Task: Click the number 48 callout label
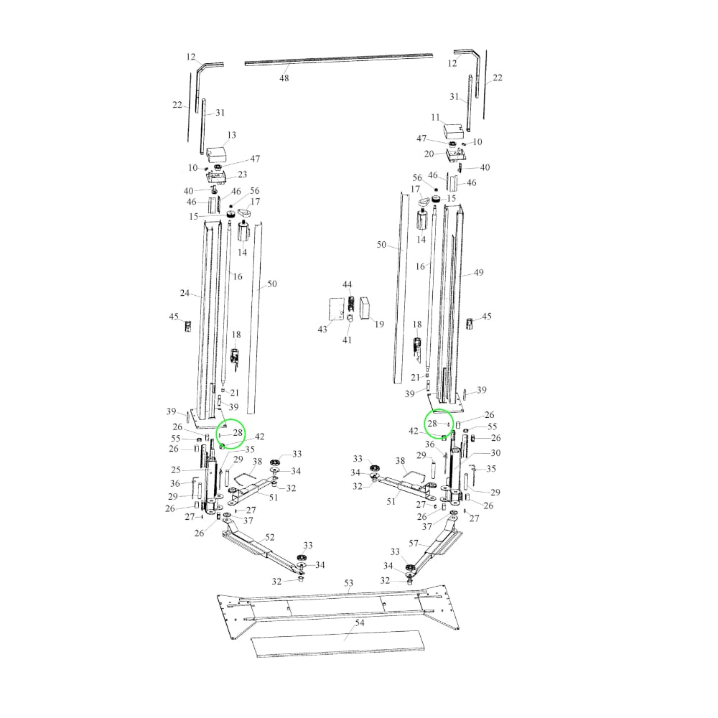284,78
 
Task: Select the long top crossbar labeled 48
339,60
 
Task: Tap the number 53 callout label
349,583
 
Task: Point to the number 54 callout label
360,623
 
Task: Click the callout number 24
185,293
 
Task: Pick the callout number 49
478,272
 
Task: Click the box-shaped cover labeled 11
453,130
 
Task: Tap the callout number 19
379,325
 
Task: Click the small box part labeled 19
365,309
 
